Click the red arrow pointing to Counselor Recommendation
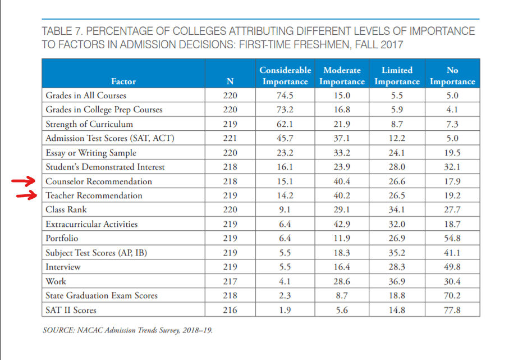point(23,181)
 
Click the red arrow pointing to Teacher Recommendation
point(27,195)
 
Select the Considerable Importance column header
point(285,76)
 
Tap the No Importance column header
point(452,76)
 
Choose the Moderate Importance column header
point(342,76)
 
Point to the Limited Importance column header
point(397,76)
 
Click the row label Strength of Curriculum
point(89,124)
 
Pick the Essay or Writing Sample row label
point(91,153)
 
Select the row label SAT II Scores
point(71,310)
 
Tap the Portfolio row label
point(62,238)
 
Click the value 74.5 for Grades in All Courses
point(285,95)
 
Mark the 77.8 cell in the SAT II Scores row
point(452,310)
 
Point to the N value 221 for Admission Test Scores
point(230,138)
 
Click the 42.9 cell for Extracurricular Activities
point(342,224)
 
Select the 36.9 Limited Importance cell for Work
point(397,281)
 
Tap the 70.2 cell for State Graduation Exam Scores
point(452,295)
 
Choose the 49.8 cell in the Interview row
point(452,267)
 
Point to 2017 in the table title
point(392,44)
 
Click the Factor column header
point(123,81)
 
